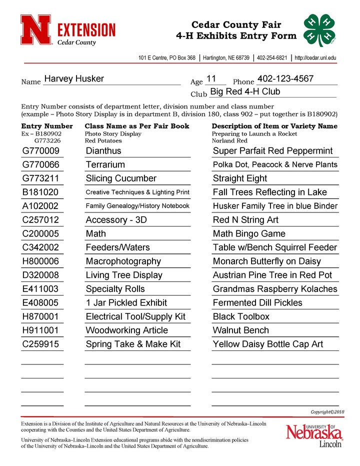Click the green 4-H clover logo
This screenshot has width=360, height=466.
tap(320, 29)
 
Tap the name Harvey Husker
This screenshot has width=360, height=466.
tap(74, 79)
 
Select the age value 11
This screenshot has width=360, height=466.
tap(211, 79)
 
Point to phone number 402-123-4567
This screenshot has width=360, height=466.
tap(285, 78)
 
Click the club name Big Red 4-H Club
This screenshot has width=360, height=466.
tap(245, 92)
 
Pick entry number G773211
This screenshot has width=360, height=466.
tap(41, 178)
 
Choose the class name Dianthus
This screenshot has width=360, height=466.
tap(103, 151)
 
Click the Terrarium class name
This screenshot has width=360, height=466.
tap(105, 164)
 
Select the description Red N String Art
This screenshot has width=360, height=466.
tap(245, 220)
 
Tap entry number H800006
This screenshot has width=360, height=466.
tap(41, 261)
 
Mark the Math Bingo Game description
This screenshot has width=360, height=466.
tap(249, 234)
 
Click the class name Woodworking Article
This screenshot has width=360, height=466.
tap(127, 330)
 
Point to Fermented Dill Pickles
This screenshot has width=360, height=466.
tap(257, 303)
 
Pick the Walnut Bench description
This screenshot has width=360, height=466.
tap(241, 330)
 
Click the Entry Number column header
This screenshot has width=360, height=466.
tap(47, 126)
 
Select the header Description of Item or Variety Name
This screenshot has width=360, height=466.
tap(274, 126)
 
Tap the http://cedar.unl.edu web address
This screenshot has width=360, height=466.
tap(315, 58)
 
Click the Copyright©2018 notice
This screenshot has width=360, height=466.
tap(327, 412)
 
